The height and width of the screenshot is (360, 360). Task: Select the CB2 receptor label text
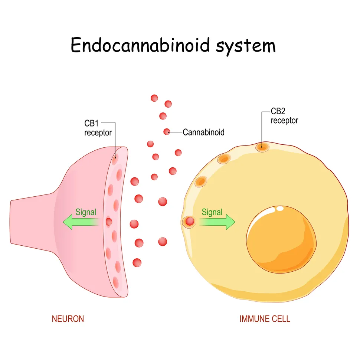tap(284, 116)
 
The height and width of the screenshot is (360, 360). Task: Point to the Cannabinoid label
tap(203, 132)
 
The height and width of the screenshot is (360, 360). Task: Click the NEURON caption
tap(68, 319)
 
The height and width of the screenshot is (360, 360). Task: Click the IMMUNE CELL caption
tap(265, 319)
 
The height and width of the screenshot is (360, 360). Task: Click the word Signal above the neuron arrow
tap(86, 212)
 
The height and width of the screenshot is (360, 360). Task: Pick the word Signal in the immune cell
tap(212, 212)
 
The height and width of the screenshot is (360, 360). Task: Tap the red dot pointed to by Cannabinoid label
tap(167, 131)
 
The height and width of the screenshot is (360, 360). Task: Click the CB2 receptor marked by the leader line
tap(262, 147)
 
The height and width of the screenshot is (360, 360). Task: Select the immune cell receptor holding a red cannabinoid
tap(189, 222)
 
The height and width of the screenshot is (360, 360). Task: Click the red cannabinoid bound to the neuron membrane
tap(109, 222)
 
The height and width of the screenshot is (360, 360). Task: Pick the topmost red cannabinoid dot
tap(154, 98)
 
